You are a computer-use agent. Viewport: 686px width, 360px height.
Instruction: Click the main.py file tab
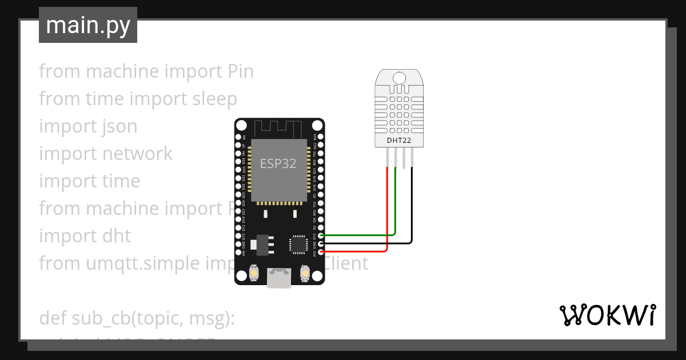[x=88, y=25]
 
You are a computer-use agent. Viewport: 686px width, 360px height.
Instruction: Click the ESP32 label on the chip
[x=278, y=163]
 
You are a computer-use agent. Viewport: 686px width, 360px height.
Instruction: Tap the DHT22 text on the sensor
[x=399, y=139]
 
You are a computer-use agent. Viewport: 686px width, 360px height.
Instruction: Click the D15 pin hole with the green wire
[x=321, y=235]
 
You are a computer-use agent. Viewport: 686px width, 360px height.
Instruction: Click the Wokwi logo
[x=607, y=315]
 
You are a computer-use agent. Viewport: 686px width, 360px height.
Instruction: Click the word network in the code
[x=138, y=153]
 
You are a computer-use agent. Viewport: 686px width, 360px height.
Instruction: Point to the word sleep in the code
[x=214, y=98]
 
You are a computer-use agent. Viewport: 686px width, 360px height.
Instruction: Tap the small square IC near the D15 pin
[x=298, y=244]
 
